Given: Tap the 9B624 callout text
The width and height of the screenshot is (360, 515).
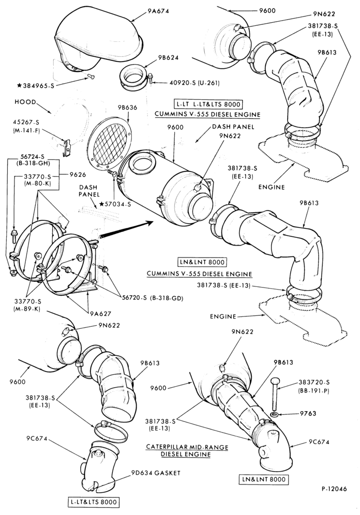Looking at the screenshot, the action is (x=168, y=58).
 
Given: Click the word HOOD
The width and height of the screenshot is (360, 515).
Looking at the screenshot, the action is (x=25, y=102).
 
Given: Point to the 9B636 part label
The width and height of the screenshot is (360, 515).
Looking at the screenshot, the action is (x=126, y=108).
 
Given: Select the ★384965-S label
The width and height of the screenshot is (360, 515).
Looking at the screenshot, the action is (x=36, y=86).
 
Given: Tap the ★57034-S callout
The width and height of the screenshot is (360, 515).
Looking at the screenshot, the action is (x=115, y=204).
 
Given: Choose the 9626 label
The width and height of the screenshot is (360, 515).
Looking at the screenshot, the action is (x=77, y=175).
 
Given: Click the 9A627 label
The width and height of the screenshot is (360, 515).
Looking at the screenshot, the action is (x=101, y=314).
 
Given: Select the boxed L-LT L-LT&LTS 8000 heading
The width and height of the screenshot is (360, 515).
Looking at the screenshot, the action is (x=207, y=104).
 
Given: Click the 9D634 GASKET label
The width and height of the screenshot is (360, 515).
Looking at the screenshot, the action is (x=156, y=473).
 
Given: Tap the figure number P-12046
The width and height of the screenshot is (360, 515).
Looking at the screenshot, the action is (x=334, y=489).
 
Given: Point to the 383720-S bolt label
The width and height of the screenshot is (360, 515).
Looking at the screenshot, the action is (x=314, y=382).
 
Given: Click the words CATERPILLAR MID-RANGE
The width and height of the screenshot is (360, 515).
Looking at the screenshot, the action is (x=187, y=447).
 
